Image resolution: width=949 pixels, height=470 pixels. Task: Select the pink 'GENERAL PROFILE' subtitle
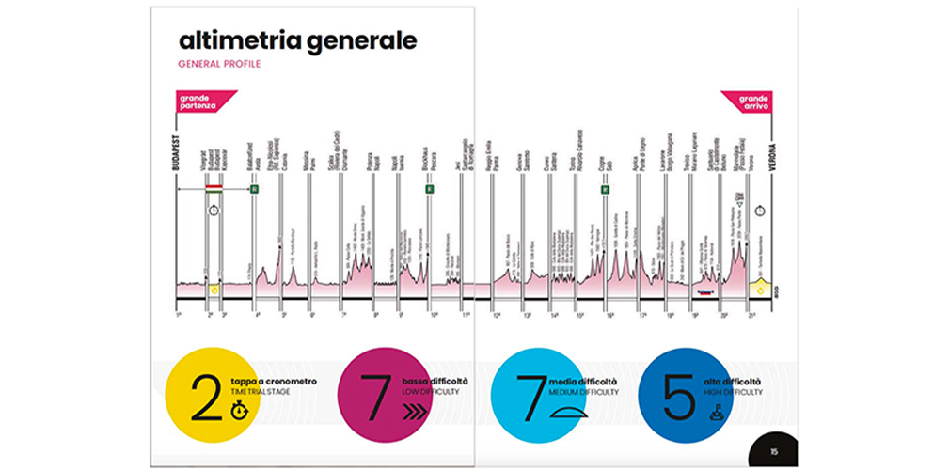tap(218, 65)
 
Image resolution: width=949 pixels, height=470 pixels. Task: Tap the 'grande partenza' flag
tap(199, 101)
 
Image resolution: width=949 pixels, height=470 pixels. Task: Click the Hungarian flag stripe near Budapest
tap(214, 189)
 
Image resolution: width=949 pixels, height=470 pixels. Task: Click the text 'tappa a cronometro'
tap(273, 381)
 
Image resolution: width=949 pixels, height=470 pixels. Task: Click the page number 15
tap(773, 451)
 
